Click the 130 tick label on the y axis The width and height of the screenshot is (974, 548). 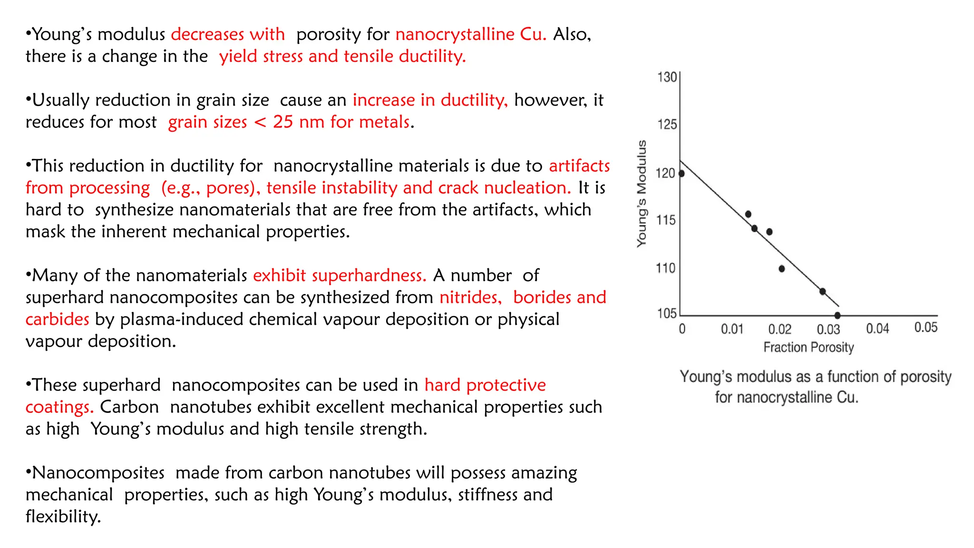click(667, 77)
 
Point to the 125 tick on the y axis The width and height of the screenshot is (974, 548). click(667, 125)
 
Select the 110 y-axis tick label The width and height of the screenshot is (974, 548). click(665, 268)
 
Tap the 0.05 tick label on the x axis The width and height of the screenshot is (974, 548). click(925, 327)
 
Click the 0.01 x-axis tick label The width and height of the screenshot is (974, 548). click(732, 329)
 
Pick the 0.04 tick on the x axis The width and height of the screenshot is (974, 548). click(877, 328)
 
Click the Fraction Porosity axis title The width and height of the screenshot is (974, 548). click(808, 347)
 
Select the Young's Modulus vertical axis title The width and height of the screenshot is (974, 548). click(642, 193)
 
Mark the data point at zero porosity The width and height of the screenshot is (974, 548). click(682, 174)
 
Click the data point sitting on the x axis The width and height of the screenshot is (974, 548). click(838, 315)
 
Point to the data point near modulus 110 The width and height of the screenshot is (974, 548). click(781, 269)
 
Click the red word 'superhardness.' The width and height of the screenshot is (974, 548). click(340, 275)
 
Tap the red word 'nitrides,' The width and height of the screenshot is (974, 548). click(470, 297)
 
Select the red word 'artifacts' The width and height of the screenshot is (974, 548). click(579, 166)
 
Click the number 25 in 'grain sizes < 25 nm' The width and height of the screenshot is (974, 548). click(283, 122)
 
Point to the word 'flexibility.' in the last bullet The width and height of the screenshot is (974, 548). click(63, 517)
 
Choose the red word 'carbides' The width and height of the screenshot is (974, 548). click(57, 319)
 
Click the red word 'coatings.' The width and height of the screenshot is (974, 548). click(59, 407)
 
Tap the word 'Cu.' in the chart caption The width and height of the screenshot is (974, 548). click(847, 397)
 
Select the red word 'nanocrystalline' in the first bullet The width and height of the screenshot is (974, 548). click(455, 34)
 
